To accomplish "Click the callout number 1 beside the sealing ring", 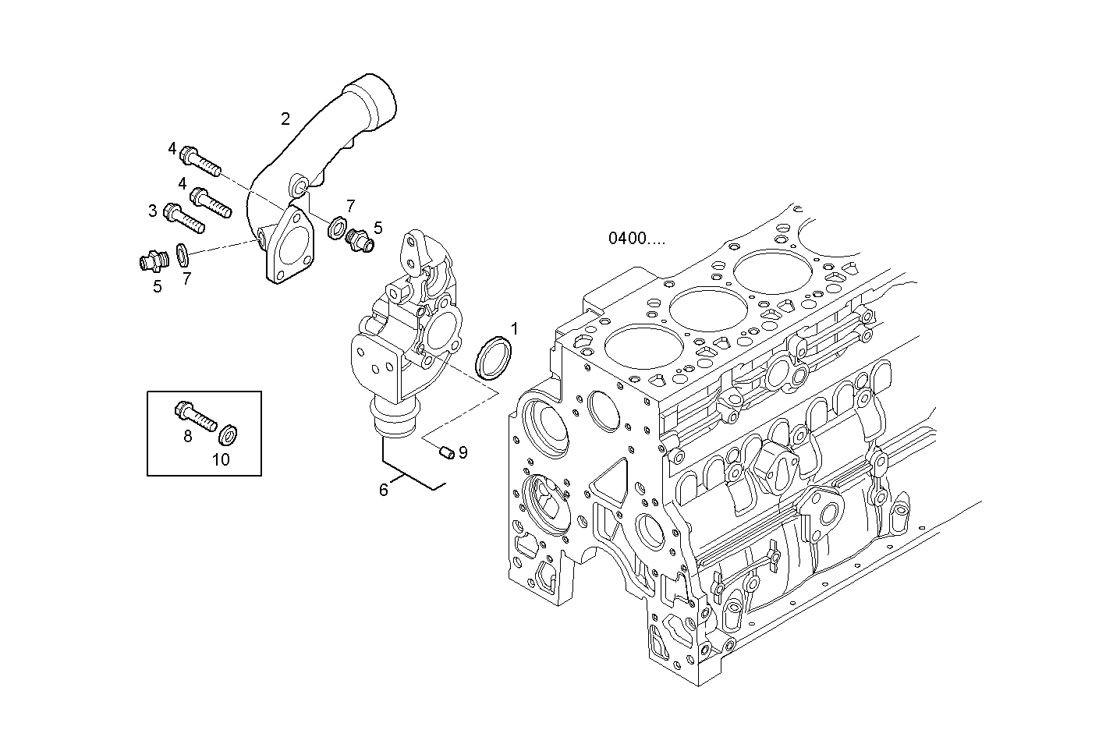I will [x=514, y=328].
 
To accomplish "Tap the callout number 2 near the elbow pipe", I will [x=285, y=119].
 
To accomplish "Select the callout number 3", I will [x=153, y=211].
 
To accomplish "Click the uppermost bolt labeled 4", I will [x=200, y=161].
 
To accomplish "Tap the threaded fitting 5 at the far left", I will [x=149, y=260].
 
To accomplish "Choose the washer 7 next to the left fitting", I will [x=183, y=253].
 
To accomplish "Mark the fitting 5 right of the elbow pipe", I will [x=360, y=239].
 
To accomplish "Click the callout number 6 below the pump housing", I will [x=383, y=490].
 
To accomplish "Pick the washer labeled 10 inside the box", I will [x=229, y=433].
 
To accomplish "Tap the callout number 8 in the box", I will [x=188, y=437].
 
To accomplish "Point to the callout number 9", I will [x=463, y=452].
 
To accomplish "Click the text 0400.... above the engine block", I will [x=637, y=239].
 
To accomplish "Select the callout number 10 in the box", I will [x=221, y=459].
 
